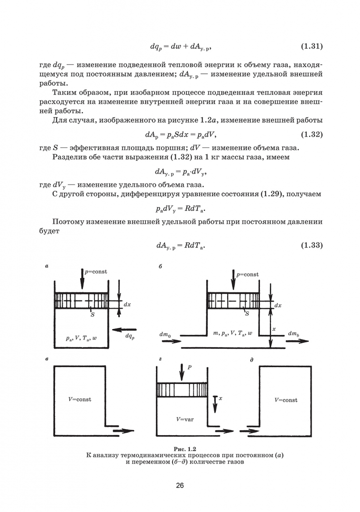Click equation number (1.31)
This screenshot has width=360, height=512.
(312, 46)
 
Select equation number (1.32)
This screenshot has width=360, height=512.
(312, 135)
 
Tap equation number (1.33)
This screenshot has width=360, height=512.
(312, 245)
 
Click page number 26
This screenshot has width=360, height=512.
(180, 485)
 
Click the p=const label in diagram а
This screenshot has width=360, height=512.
(96, 272)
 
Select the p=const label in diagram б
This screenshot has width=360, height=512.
(247, 274)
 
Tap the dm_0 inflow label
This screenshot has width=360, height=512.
(166, 334)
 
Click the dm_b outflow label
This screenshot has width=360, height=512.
(294, 334)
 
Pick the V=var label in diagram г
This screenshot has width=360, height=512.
(185, 419)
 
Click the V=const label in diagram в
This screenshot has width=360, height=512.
(80, 399)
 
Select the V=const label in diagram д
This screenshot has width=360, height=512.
(286, 400)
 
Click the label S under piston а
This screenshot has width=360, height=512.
(92, 315)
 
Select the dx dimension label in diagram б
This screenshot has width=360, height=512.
(277, 306)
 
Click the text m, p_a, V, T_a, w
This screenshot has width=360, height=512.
(232, 333)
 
